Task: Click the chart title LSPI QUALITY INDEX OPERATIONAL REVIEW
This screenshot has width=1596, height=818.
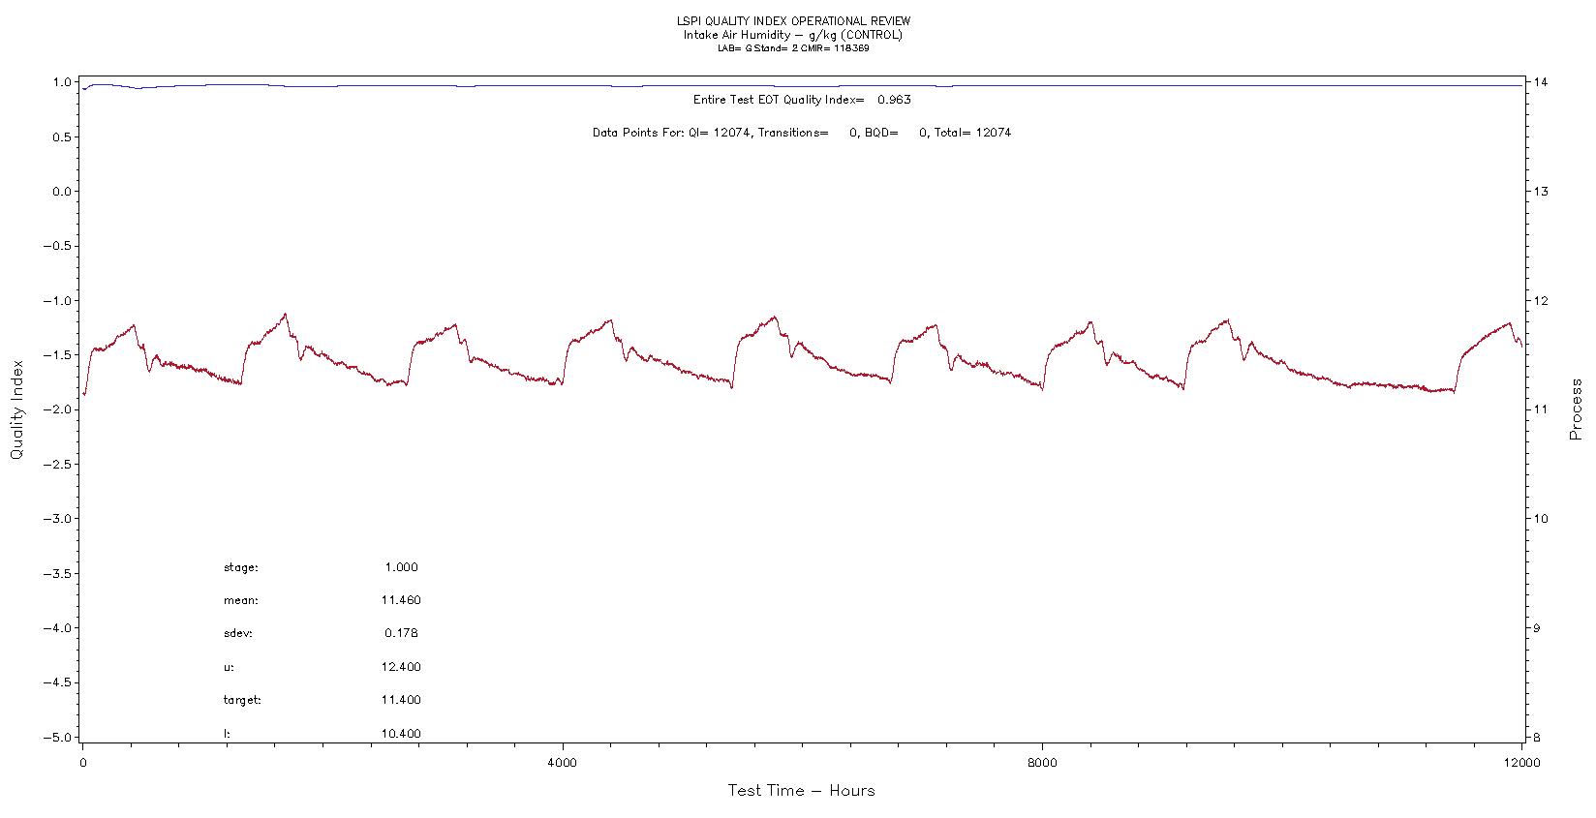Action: pyautogui.click(x=793, y=21)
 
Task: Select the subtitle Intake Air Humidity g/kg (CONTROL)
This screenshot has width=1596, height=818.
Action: pyautogui.click(x=792, y=35)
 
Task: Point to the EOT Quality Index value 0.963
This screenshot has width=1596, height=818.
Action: pyautogui.click(x=894, y=100)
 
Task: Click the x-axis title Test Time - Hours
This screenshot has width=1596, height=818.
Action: pyautogui.click(x=801, y=791)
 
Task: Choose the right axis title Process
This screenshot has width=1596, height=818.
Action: pyautogui.click(x=1576, y=409)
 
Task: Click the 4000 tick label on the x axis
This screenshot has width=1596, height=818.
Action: pyautogui.click(x=562, y=763)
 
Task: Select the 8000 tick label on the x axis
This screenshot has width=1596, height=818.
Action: pyautogui.click(x=1042, y=763)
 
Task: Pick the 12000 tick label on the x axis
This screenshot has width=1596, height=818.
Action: pyautogui.click(x=1521, y=763)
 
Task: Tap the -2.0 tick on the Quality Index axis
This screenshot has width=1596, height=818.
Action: pyautogui.click(x=58, y=409)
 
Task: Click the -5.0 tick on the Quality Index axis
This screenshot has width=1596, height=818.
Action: pyautogui.click(x=58, y=737)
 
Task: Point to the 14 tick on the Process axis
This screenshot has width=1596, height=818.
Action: pyautogui.click(x=1543, y=82)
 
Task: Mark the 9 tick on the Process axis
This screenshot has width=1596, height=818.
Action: pyautogui.click(x=1539, y=628)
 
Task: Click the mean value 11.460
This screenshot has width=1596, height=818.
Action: pyautogui.click(x=401, y=600)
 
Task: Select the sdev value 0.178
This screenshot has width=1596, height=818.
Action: pyautogui.click(x=401, y=633)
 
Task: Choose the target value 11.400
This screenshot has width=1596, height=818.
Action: pyautogui.click(x=401, y=700)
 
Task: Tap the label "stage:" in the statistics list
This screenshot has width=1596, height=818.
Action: pyautogui.click(x=241, y=567)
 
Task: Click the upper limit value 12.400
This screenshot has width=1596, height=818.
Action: pyautogui.click(x=401, y=667)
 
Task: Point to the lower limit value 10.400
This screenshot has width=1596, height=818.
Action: pyautogui.click(x=401, y=734)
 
